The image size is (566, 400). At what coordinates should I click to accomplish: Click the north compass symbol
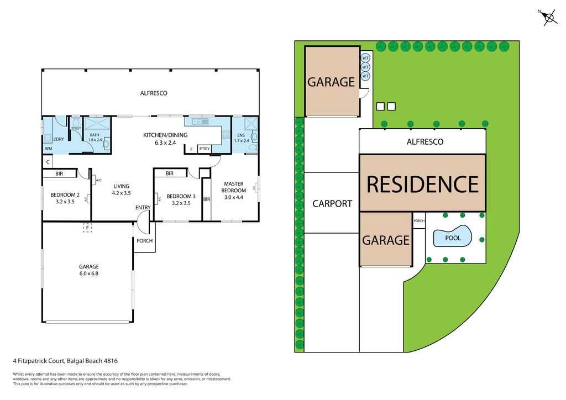(x=549, y=18)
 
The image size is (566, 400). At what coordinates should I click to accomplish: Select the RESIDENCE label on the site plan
(x=423, y=184)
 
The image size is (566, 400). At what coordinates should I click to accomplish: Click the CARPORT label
(x=332, y=203)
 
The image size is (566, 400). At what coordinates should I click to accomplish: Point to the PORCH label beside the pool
(x=419, y=220)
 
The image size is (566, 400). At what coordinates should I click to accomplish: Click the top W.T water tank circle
(x=365, y=58)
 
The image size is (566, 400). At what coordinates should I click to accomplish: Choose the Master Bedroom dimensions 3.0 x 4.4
(x=234, y=197)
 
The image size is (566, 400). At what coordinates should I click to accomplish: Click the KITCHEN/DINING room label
(x=166, y=135)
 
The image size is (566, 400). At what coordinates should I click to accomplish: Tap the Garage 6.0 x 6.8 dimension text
(x=88, y=273)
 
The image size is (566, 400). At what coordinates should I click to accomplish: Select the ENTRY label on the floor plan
(x=143, y=208)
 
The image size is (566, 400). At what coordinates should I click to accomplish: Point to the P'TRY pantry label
(x=205, y=149)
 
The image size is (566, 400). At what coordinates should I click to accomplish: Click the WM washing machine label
(x=48, y=149)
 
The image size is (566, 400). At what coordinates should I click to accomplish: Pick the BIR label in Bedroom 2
(x=59, y=173)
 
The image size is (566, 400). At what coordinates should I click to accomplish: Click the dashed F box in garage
(x=87, y=227)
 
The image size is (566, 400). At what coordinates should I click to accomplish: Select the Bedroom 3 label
(x=181, y=196)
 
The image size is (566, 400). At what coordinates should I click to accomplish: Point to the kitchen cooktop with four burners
(x=226, y=133)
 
